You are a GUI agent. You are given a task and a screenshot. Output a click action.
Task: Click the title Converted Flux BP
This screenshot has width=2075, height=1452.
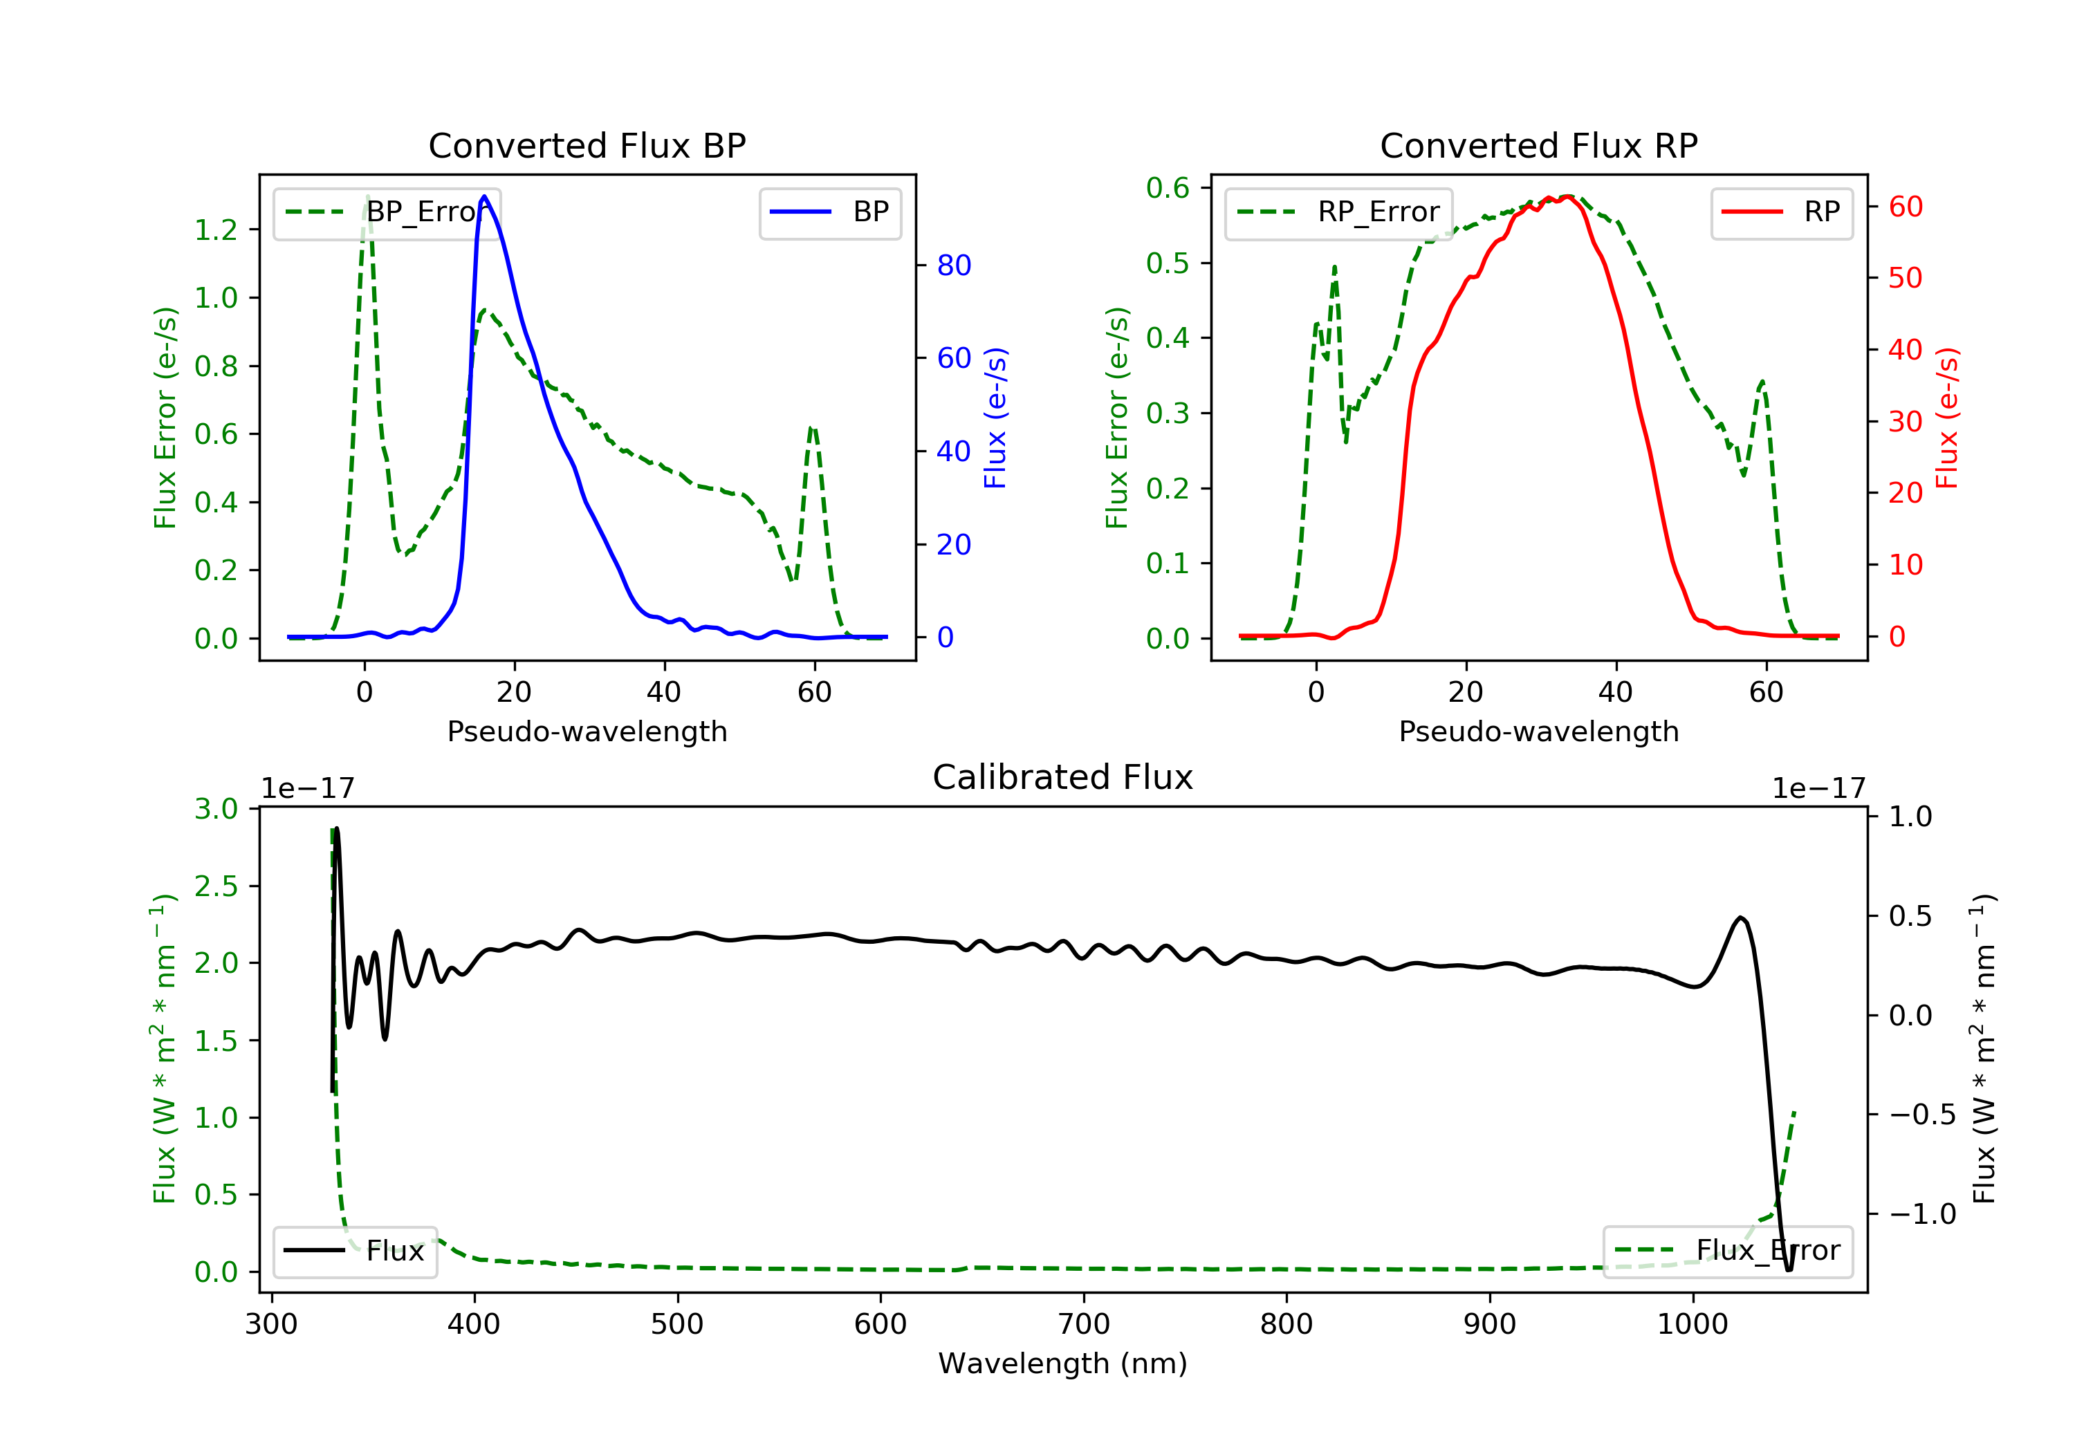coord(587,145)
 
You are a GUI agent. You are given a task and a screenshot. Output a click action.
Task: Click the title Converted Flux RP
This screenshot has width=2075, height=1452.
coord(1538,145)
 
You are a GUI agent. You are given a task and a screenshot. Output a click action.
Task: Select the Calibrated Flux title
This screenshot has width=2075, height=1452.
coord(1063,777)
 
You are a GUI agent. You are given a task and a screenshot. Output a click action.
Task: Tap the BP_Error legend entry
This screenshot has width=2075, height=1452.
coord(387,212)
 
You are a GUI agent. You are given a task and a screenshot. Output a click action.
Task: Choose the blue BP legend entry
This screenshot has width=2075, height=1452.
coord(829,212)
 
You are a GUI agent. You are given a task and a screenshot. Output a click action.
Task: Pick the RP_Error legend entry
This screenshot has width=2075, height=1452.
coord(1338,212)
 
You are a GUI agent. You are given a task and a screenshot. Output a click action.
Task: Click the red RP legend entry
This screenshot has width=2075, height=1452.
coord(1781,212)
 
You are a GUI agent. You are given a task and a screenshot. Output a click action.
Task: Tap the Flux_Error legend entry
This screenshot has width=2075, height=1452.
coord(1727,1251)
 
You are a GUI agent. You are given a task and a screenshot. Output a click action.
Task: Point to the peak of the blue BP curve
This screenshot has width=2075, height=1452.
coord(484,196)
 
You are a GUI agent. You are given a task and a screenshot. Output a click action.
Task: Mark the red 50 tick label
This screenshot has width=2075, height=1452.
coord(1905,278)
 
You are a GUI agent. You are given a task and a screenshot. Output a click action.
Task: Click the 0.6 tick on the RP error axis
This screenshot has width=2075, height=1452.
coord(1168,188)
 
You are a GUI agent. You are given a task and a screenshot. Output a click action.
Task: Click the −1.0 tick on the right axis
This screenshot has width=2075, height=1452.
coord(1922,1213)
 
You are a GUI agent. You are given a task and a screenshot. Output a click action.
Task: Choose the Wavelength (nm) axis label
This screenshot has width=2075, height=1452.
coord(1063,1363)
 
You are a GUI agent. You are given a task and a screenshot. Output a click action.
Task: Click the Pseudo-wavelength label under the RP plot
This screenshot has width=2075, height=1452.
coord(1538,731)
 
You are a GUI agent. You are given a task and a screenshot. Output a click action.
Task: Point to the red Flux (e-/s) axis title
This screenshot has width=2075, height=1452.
coord(1946,418)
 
